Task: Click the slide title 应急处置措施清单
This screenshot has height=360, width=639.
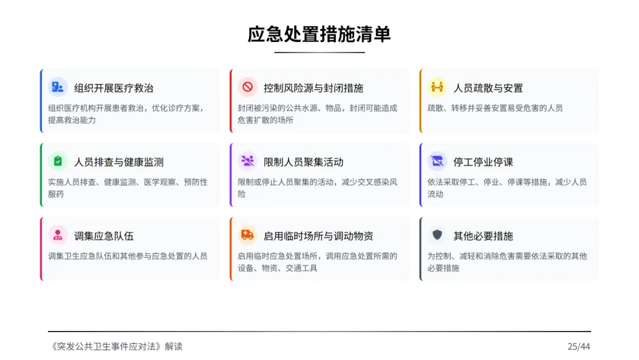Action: [319, 34]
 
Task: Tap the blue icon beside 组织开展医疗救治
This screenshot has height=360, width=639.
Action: [57, 88]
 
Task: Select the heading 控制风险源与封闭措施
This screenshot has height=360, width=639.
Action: [313, 88]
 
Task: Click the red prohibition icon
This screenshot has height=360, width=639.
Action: [247, 88]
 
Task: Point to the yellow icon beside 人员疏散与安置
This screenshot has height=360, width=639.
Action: [437, 88]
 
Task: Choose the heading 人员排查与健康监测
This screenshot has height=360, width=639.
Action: [118, 162]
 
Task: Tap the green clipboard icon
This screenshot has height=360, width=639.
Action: [57, 162]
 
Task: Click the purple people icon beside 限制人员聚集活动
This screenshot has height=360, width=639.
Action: [247, 162]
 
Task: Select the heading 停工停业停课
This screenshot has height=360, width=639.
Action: [483, 162]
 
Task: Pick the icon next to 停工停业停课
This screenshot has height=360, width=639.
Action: [437, 162]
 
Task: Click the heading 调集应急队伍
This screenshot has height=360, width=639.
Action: [104, 236]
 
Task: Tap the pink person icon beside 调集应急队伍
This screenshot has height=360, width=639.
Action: [57, 236]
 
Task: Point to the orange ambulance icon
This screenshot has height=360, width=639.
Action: [247, 236]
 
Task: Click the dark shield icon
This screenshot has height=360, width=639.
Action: [437, 236]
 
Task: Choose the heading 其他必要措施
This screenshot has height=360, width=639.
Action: [483, 236]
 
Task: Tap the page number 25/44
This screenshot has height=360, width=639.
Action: [579, 347]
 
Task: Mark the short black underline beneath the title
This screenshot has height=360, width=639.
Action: [319, 53]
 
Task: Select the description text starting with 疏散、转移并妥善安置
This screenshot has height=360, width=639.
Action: [495, 108]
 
